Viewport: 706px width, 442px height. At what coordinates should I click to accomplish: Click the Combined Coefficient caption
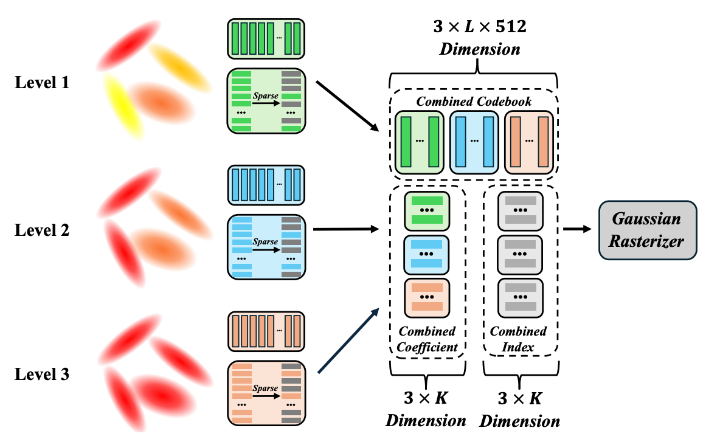[x=426, y=339]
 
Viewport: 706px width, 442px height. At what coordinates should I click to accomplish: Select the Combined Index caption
[x=518, y=339]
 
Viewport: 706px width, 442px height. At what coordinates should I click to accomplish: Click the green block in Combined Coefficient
[x=426, y=210]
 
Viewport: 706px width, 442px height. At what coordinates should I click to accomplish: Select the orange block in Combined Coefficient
[x=426, y=298]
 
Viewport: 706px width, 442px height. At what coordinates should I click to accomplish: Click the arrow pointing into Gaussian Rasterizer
[x=577, y=229]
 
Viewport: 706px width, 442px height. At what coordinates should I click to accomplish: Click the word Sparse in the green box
[x=265, y=96]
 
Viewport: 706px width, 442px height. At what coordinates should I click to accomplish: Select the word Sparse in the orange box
[x=265, y=388]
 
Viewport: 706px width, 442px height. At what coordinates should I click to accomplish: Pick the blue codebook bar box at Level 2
[x=266, y=181]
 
